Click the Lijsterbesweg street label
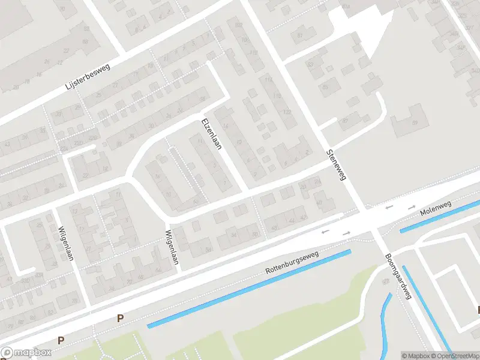(92, 76)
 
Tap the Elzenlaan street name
(213, 133)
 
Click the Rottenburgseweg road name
(292, 265)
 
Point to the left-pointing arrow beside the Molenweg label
(390, 207)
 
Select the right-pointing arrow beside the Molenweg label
(412, 207)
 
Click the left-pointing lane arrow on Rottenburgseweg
(326, 232)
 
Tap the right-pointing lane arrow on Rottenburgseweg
(346, 232)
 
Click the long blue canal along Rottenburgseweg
(249, 289)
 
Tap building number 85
(326, 88)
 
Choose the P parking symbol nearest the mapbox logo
(60, 340)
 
